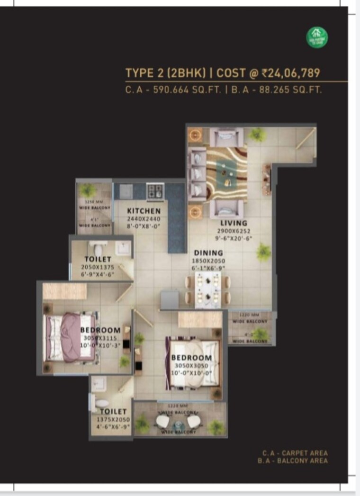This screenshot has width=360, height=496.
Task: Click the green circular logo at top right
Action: tap(317, 36)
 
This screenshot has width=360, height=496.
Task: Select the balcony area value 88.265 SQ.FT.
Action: tap(290, 90)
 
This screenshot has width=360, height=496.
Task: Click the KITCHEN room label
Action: tap(144, 211)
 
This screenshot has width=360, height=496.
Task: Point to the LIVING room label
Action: tap(234, 223)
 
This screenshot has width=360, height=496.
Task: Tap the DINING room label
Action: tap(207, 253)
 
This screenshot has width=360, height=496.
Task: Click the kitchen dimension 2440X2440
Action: tap(144, 219)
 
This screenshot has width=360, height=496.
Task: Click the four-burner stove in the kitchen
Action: tap(155, 191)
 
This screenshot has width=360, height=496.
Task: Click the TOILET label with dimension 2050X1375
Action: tap(98, 259)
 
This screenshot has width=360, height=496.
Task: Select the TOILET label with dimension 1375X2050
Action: tap(113, 412)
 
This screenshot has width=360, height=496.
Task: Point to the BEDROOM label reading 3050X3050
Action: tap(191, 358)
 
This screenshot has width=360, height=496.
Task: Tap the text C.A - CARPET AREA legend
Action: tap(295, 453)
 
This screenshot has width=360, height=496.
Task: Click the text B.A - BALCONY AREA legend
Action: tap(293, 460)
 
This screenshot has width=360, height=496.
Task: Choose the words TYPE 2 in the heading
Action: tap(141, 73)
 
